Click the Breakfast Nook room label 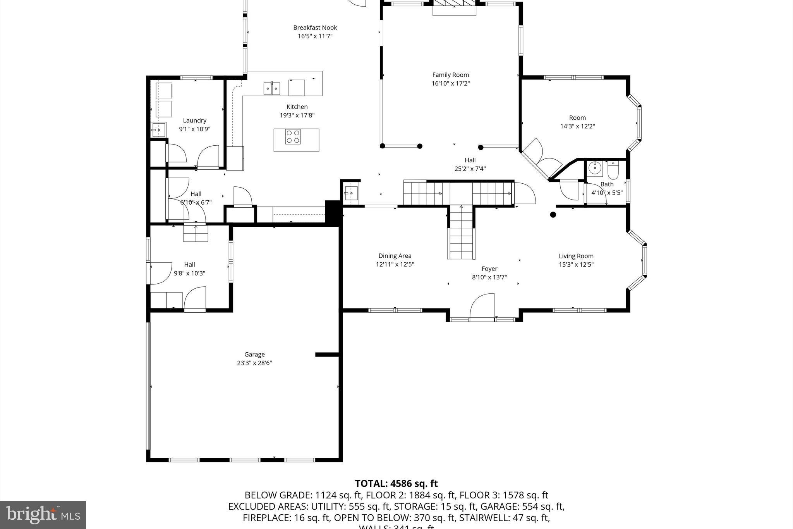click(315, 28)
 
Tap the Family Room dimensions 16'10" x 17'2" click(450, 83)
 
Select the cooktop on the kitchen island click(293, 136)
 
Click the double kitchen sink click(272, 88)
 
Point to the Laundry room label click(194, 121)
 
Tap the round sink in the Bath click(594, 168)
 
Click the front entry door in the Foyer click(482, 308)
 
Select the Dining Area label click(395, 256)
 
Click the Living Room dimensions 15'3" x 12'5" click(576, 265)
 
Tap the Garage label click(254, 354)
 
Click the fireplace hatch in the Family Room click(454, 3)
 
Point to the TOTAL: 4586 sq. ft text click(396, 484)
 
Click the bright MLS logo click(43, 514)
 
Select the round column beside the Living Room click(553, 215)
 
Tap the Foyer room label click(489, 269)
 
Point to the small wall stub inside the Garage click(327, 355)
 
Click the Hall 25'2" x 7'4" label click(470, 160)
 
